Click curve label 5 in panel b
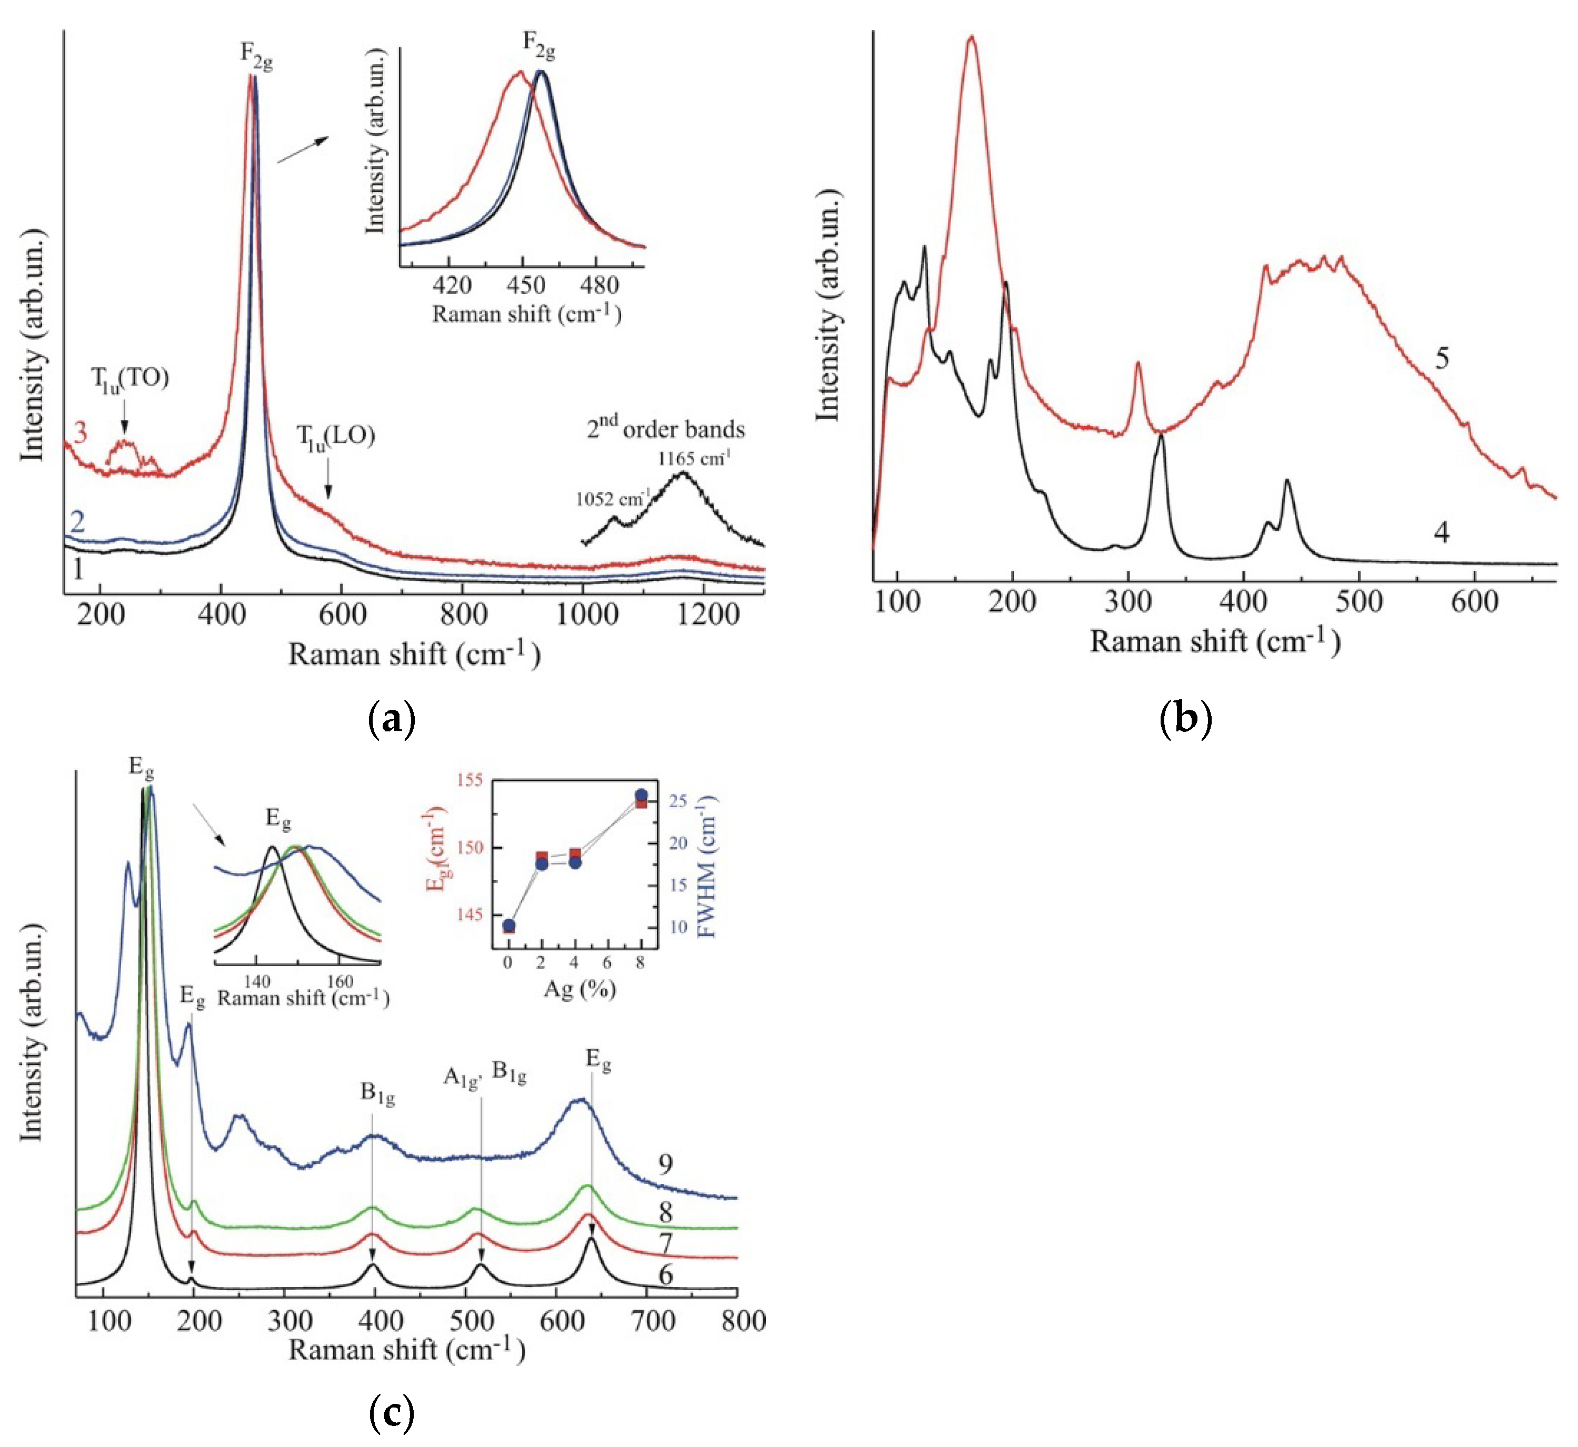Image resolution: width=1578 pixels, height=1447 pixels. tap(1442, 359)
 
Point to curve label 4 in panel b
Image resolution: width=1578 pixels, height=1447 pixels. tap(1442, 532)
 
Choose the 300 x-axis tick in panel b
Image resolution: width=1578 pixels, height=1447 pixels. tap(1127, 602)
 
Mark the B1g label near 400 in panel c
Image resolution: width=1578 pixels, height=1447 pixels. tap(377, 1094)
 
